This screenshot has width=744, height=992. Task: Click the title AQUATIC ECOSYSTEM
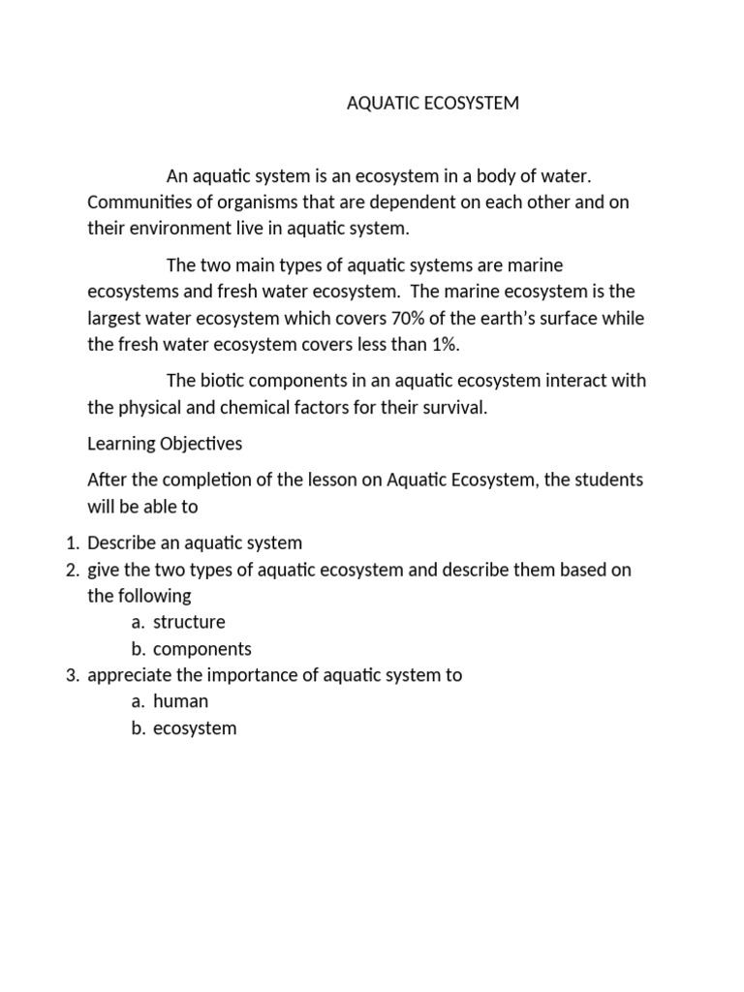[x=433, y=104]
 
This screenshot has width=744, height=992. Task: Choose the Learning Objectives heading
[x=165, y=444]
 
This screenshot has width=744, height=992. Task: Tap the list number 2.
[x=72, y=570]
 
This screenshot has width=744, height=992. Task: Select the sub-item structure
[x=189, y=622]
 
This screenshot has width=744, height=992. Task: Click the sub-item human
[x=180, y=701]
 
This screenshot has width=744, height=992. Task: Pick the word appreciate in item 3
[x=127, y=675]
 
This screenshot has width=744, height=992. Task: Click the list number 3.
[x=72, y=675]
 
